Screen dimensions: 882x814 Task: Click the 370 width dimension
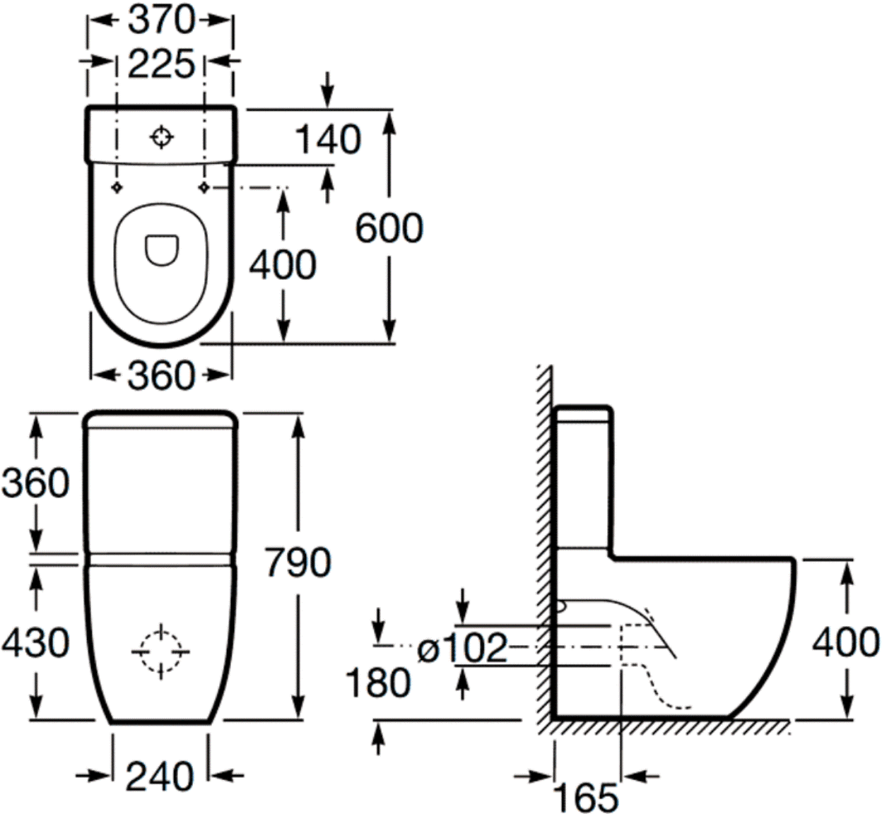pyautogui.click(x=161, y=20)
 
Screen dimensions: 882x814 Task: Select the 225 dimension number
pyautogui.click(x=161, y=64)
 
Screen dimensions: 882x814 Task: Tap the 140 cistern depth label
pyautogui.click(x=328, y=139)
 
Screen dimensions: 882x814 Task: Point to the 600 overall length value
pyautogui.click(x=389, y=228)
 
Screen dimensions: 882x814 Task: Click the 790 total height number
pyautogui.click(x=298, y=562)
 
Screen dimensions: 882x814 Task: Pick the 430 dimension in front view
pyautogui.click(x=35, y=642)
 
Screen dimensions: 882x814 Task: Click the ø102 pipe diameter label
pyautogui.click(x=462, y=648)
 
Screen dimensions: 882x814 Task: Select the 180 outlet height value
pyautogui.click(x=378, y=683)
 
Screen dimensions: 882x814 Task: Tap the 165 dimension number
pyautogui.click(x=586, y=798)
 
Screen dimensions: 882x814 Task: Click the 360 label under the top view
pyautogui.click(x=161, y=376)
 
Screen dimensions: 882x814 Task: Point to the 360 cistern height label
pyautogui.click(x=35, y=483)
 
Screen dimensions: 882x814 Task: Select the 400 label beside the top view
pyautogui.click(x=283, y=266)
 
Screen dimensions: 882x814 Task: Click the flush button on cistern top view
pyautogui.click(x=162, y=137)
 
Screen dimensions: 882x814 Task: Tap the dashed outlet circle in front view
pyautogui.click(x=160, y=652)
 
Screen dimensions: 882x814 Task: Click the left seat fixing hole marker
pyautogui.click(x=117, y=187)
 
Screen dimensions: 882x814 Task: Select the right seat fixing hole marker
pyautogui.click(x=204, y=187)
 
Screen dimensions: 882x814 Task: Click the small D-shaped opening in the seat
pyautogui.click(x=162, y=250)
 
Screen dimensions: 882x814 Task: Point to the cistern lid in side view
pyautogui.click(x=585, y=413)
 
